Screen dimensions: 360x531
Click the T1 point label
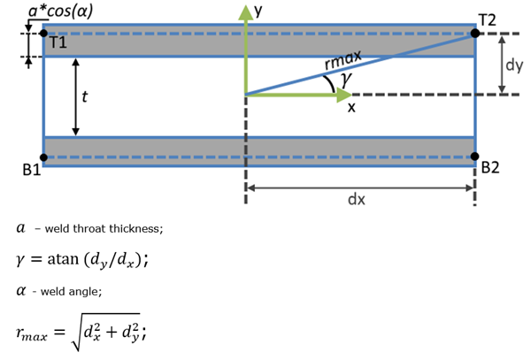tap(58, 42)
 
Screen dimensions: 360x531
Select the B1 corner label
tap(29, 171)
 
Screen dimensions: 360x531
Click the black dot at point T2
tap(475, 34)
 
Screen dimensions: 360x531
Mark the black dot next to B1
tap(43, 158)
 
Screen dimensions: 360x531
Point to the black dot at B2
tap(475, 158)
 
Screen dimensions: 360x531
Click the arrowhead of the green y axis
tap(245, 11)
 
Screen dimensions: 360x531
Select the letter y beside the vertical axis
tap(259, 11)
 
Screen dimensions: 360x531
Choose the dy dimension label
tap(515, 65)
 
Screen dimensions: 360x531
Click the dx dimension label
tap(357, 200)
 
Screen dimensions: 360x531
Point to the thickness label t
tap(83, 97)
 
